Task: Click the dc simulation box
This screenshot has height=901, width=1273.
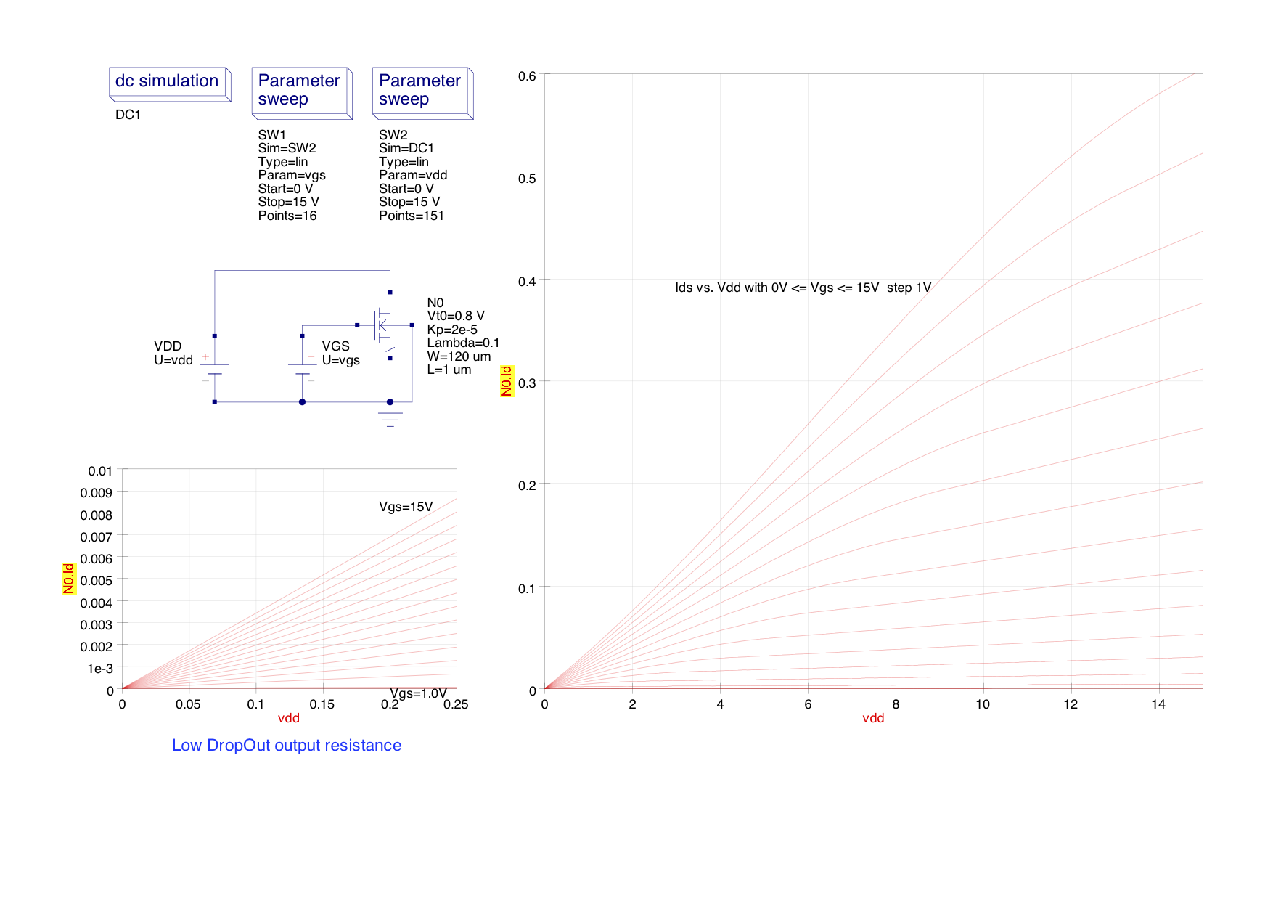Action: tap(169, 83)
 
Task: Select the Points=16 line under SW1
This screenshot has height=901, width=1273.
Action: tap(287, 216)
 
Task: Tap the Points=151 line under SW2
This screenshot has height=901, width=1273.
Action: tap(411, 216)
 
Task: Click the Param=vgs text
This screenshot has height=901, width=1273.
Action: tap(292, 175)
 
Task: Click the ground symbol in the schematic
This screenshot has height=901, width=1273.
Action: tap(390, 417)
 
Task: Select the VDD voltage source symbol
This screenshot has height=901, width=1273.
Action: tap(214, 369)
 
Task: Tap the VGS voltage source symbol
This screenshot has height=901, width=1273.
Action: tap(302, 369)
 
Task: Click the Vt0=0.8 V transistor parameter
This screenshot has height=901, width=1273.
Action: tap(456, 316)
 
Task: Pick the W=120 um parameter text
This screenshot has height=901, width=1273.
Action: tap(459, 356)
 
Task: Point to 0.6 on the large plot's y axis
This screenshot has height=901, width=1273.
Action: tap(527, 76)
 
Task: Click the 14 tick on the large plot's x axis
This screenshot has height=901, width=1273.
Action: tap(1158, 704)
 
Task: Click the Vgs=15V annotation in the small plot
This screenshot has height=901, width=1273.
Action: tap(406, 507)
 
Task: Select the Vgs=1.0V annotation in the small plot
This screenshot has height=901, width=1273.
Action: tap(418, 693)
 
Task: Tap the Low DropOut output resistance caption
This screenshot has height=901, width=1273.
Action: tap(287, 746)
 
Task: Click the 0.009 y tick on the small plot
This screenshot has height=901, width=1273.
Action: tap(97, 493)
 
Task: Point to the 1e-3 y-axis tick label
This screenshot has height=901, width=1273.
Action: tap(100, 669)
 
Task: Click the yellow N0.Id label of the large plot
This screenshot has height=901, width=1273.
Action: tap(507, 381)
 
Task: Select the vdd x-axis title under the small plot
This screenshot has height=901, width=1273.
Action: tap(289, 718)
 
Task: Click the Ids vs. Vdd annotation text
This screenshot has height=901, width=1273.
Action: tap(803, 288)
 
